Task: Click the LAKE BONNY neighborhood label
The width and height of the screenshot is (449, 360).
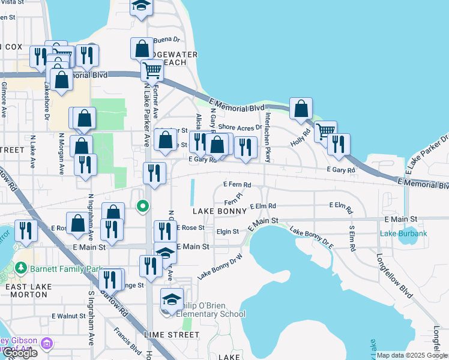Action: click(219, 211)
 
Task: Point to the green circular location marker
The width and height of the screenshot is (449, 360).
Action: click(142, 207)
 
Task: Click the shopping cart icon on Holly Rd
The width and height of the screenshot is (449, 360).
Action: click(325, 131)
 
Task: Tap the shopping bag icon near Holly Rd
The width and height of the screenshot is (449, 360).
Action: click(301, 109)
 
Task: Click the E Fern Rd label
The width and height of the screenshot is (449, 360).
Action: click(237, 185)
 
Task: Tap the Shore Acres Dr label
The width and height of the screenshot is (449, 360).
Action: click(240, 127)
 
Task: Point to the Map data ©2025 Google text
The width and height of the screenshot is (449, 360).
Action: click(412, 355)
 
